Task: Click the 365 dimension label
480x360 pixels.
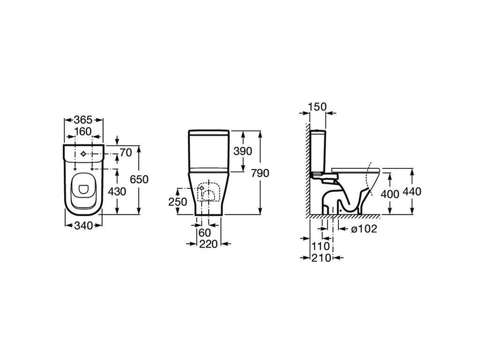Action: (x=83, y=120)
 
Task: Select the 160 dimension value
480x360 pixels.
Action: (x=83, y=131)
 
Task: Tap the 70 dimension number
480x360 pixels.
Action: (x=125, y=152)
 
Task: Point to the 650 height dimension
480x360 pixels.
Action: (x=139, y=180)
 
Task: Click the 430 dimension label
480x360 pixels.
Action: (x=117, y=191)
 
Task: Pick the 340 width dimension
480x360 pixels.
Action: (x=83, y=225)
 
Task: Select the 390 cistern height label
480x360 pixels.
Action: (x=243, y=151)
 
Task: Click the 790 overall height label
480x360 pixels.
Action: (x=260, y=173)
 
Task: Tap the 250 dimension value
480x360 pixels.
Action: (x=178, y=202)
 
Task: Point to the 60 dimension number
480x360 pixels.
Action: (x=204, y=232)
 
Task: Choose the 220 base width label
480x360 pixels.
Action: (x=208, y=244)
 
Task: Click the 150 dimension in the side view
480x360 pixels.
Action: (x=317, y=106)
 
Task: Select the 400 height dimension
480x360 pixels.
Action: (x=390, y=193)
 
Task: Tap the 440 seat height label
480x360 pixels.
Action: (x=412, y=192)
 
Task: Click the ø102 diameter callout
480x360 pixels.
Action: (x=364, y=229)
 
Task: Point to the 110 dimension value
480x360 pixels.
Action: (x=321, y=246)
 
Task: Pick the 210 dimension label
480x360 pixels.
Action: (x=321, y=257)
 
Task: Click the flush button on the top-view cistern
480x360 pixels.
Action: (x=83, y=154)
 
